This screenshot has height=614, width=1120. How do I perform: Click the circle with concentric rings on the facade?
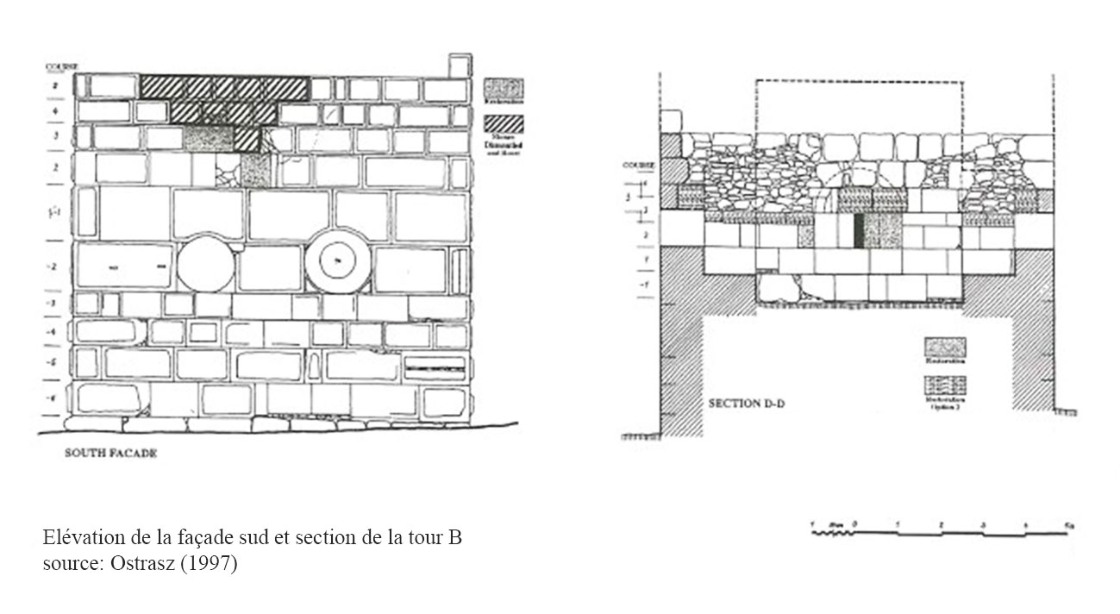pyautogui.click(x=337, y=260)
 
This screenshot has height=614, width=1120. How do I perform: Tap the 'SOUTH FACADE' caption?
pyautogui.click(x=111, y=454)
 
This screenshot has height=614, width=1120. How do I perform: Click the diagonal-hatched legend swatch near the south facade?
pyautogui.click(x=504, y=124)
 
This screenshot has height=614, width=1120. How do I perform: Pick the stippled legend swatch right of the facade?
pyautogui.click(x=504, y=87)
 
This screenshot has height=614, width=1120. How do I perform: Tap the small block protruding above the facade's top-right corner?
pyautogui.click(x=460, y=66)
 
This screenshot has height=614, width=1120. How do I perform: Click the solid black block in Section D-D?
pyautogui.click(x=859, y=230)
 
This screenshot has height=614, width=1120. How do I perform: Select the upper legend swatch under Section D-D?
pyautogui.click(x=945, y=347)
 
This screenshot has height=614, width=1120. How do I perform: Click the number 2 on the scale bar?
pyautogui.click(x=941, y=524)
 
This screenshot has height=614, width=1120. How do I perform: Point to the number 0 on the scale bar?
pyautogui.click(x=854, y=524)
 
